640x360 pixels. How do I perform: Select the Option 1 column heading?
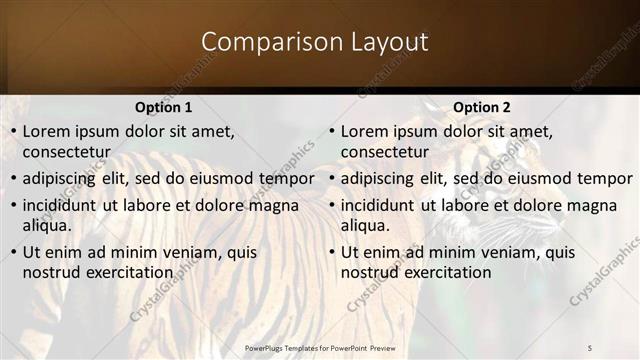[163, 107]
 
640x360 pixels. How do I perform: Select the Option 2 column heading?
[481, 107]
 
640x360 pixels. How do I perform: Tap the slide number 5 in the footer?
[590, 346]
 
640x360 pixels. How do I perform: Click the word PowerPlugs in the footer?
[267, 346]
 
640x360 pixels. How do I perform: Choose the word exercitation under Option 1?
[127, 272]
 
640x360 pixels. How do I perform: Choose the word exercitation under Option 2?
[445, 272]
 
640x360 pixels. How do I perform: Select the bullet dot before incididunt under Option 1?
[13, 206]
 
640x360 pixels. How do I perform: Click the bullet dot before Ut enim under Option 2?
[331, 253]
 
